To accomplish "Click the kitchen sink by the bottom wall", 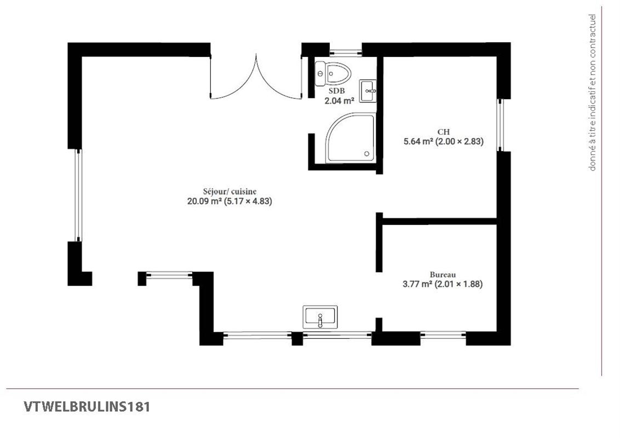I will coord(320,317).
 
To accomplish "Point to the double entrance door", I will coord(256,79).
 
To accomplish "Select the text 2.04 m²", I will coord(340,100).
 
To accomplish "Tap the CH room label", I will coord(443,132).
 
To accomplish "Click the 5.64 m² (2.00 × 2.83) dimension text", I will coord(443,142).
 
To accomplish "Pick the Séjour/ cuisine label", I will coord(229,191).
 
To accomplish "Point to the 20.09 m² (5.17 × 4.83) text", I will coord(229,201).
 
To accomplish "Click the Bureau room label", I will coord(443,274).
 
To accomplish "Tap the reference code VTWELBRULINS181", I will coord(87,407).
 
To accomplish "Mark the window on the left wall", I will coord(78,195).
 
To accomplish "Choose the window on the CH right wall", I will coord(500,125).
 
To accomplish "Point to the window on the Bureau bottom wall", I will coord(443,335).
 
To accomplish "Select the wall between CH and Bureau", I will coord(439,221).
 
